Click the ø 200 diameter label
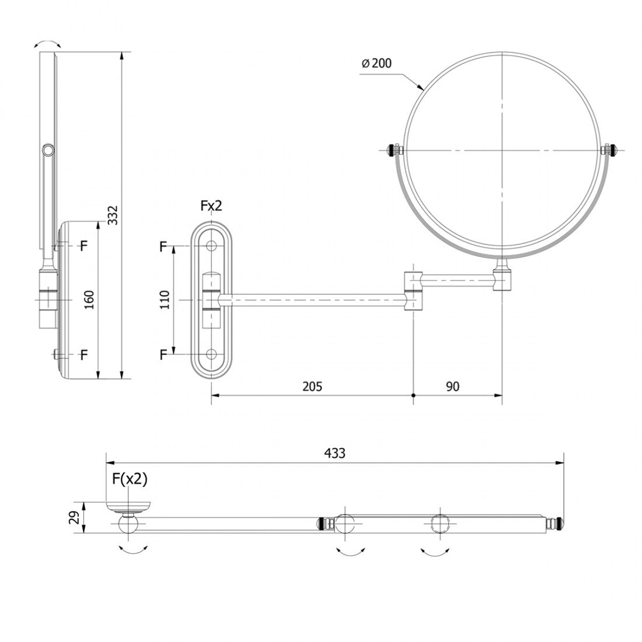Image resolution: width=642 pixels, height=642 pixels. click(376, 63)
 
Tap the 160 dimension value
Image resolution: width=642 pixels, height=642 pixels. click(89, 299)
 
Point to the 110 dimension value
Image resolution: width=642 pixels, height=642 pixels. click(165, 299)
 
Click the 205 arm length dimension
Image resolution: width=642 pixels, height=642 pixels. click(312, 386)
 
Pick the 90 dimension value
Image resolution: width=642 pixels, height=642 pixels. click(452, 386)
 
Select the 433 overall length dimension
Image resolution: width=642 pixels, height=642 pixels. click(335, 453)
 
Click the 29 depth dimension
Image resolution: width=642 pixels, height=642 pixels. click(74, 518)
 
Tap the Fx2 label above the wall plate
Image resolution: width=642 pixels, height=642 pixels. click(211, 205)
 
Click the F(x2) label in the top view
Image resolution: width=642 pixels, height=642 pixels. click(130, 479)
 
